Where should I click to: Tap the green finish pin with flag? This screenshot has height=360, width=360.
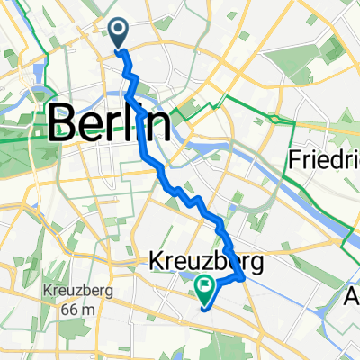coord(204,288)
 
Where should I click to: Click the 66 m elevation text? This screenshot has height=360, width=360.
coord(68,310)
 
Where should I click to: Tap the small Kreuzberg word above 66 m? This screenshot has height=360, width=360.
coord(68,292)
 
